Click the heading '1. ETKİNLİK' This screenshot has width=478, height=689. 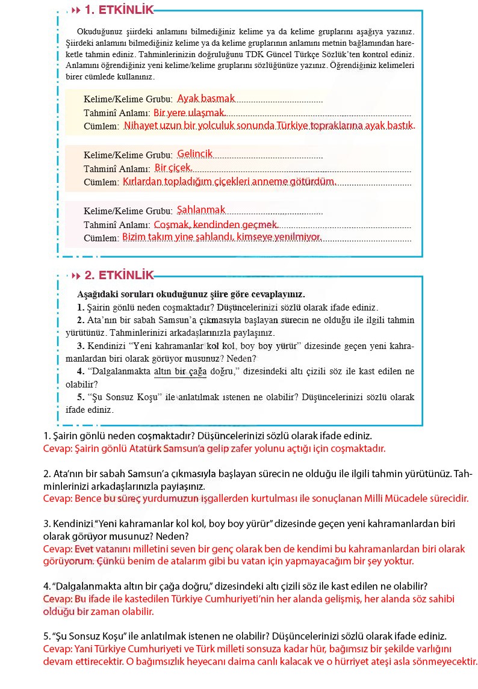tap(119, 10)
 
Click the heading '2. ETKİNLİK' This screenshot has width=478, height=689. tap(119, 276)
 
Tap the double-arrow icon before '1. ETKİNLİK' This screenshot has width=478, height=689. tap(76, 10)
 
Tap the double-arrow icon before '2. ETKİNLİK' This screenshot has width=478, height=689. tap(76, 276)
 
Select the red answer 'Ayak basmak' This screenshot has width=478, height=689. tap(206, 98)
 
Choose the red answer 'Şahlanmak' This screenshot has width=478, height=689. tap(201, 210)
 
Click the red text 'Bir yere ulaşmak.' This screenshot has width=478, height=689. tap(189, 113)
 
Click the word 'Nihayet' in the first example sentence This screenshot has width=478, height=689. tap(140, 126)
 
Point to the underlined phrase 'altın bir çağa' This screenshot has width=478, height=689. tap(180, 372)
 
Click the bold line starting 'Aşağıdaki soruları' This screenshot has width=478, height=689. tap(191, 295)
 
